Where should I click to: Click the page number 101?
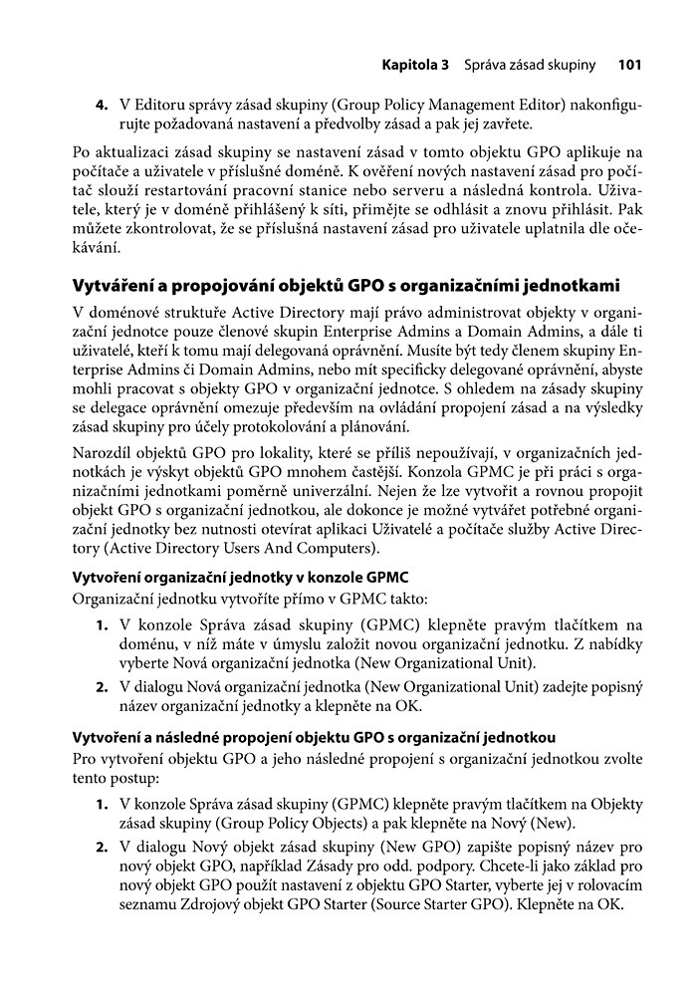629,66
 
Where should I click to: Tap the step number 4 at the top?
101,106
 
